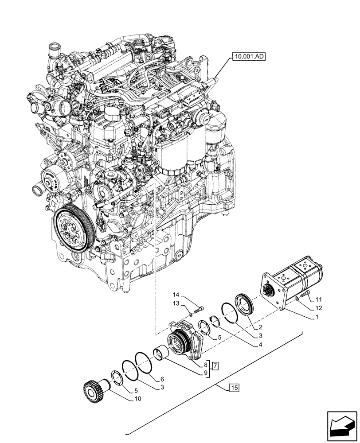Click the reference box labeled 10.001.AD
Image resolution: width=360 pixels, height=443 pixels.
coord(247,57)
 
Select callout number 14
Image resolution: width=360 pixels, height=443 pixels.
coord(176,295)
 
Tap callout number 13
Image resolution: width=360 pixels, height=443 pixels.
coord(176,303)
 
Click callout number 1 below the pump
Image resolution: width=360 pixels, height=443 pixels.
coord(317,318)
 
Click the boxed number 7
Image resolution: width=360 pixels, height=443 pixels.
coord(215,366)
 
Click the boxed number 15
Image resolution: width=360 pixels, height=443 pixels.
coord(234,389)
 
